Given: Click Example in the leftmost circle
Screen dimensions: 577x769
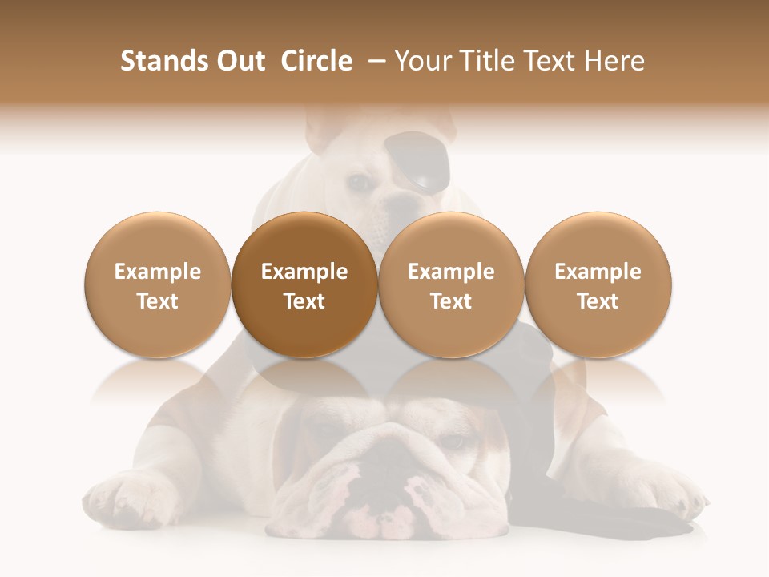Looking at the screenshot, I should pos(158,272).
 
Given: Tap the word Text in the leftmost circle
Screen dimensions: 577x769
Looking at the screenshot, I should pos(158,301).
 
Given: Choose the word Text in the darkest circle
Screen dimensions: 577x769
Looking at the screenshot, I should pos(304,301).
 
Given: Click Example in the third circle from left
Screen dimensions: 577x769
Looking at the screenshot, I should pos(451,272).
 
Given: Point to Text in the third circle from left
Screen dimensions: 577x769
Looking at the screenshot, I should pos(451,301).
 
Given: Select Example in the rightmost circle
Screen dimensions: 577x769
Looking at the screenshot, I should pos(598,272).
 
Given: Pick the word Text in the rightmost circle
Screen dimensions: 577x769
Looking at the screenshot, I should pos(598,301).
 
